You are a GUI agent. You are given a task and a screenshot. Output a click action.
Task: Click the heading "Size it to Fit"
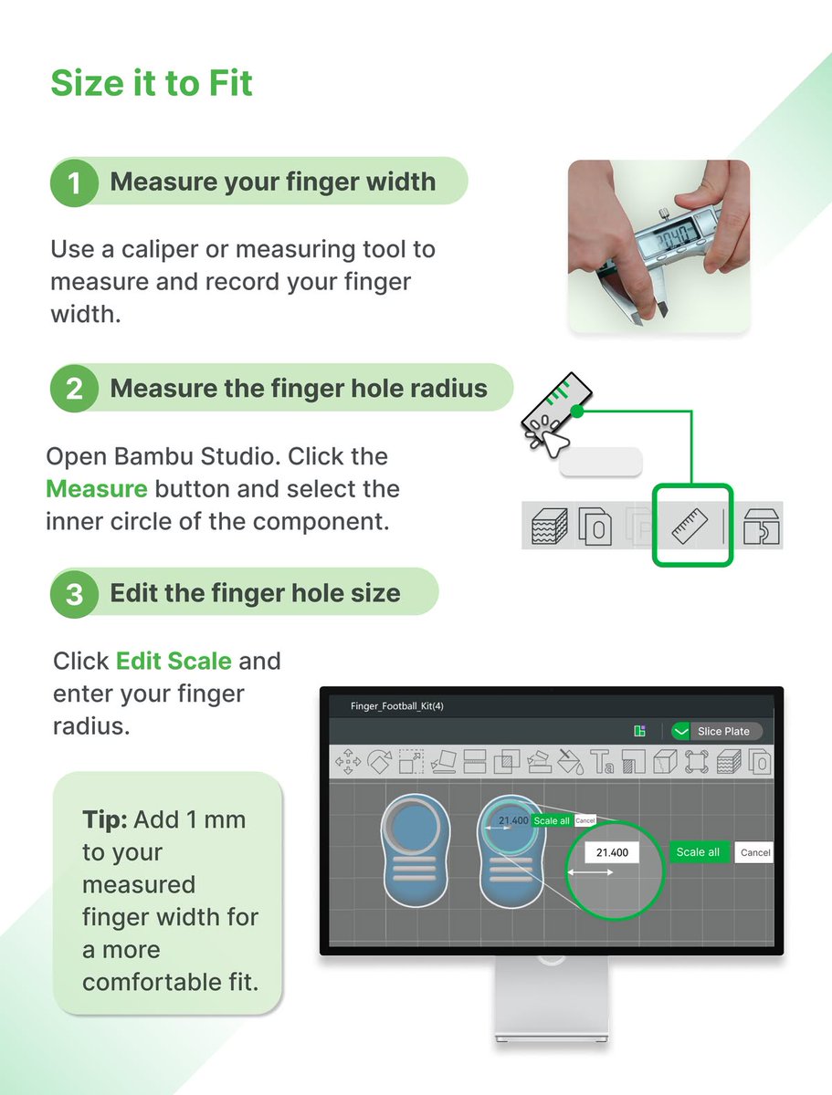click(x=152, y=83)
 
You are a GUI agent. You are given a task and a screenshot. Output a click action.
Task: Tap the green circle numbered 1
click(x=74, y=182)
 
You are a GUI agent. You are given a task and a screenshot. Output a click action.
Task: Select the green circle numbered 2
click(x=74, y=388)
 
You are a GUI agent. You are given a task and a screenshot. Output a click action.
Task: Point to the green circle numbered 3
click(x=74, y=594)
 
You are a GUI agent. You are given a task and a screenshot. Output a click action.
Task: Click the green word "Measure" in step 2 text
click(x=97, y=489)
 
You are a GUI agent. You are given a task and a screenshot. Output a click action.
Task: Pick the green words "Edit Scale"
click(x=174, y=661)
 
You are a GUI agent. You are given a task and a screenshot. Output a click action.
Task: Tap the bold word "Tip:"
click(x=105, y=820)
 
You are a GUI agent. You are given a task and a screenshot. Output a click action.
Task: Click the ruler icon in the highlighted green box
click(x=690, y=526)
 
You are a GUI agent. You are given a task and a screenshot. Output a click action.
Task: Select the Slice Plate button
click(x=717, y=731)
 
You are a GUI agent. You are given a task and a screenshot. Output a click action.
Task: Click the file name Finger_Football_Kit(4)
click(x=396, y=706)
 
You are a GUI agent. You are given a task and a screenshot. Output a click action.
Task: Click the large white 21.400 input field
click(x=612, y=852)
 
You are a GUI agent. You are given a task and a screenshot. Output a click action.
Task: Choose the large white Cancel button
click(x=754, y=852)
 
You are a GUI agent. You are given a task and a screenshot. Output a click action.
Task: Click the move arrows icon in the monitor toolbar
click(x=348, y=762)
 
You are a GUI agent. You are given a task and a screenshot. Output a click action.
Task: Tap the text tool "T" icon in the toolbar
click(x=602, y=762)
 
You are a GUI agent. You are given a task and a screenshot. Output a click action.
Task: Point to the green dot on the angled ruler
click(x=577, y=411)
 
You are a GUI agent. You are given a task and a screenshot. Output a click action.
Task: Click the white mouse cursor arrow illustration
click(x=554, y=443)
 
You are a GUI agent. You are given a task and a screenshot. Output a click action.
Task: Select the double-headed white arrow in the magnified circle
click(x=590, y=872)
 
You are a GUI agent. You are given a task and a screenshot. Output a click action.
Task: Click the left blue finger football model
click(x=416, y=850)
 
